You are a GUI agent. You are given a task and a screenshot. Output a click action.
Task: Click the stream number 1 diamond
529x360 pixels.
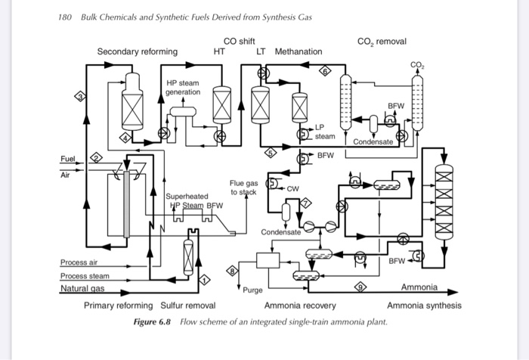(x=202, y=281)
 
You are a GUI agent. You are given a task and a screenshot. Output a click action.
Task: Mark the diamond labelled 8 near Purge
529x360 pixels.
(x=234, y=270)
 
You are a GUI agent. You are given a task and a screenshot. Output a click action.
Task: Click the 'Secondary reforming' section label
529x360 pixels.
(x=138, y=51)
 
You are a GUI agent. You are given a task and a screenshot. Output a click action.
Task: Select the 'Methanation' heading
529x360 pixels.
(x=298, y=51)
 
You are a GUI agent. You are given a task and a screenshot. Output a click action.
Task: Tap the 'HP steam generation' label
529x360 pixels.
(x=184, y=87)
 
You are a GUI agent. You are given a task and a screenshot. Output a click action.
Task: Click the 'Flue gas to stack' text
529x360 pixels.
(x=243, y=188)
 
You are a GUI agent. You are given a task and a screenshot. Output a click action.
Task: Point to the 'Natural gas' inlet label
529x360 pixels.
(x=82, y=288)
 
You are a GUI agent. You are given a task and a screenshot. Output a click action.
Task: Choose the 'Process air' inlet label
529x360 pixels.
(x=79, y=262)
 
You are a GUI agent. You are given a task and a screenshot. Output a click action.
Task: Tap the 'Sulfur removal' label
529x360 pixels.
(x=188, y=306)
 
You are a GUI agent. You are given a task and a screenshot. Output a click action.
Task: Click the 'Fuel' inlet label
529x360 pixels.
(x=68, y=158)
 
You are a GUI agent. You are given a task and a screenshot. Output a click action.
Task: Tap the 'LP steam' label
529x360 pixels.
(x=324, y=132)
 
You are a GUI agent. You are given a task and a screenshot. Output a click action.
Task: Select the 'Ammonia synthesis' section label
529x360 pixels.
(x=424, y=306)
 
